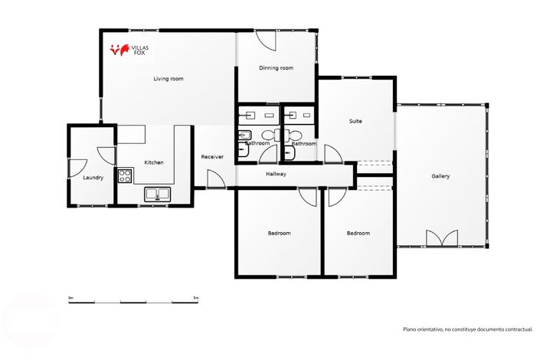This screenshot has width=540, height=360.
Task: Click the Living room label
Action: [168, 79]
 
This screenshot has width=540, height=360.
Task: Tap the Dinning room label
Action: [276, 68]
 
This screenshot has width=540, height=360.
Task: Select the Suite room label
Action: [355, 121]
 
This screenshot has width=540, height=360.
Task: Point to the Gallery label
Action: [440, 176]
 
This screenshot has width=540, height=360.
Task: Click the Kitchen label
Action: [154, 162]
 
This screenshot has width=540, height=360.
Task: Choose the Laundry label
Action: [93, 178]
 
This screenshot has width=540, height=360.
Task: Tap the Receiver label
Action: [212, 157]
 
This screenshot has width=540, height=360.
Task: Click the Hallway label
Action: [276, 175]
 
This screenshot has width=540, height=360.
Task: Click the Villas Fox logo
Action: [129, 51]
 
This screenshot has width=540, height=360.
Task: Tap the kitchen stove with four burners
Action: [125, 175]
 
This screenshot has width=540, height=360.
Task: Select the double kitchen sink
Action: [158, 194]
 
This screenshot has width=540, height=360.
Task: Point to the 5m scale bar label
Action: [195, 297]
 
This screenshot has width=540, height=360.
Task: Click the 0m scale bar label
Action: [70, 297]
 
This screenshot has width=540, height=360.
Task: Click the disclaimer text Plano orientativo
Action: [467, 329]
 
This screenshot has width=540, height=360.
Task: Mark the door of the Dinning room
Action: [264, 40]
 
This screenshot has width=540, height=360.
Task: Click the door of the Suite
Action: [332, 153]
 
